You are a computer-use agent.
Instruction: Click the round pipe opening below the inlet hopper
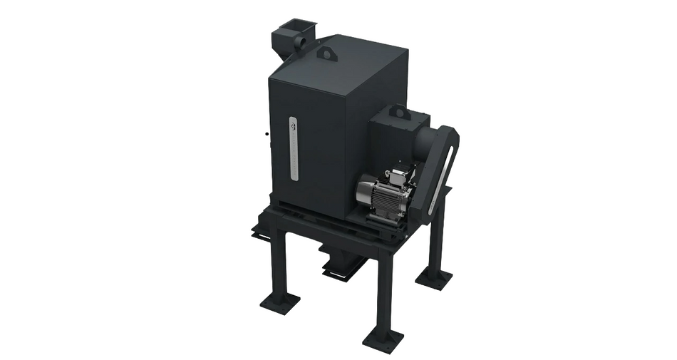click(299, 45)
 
